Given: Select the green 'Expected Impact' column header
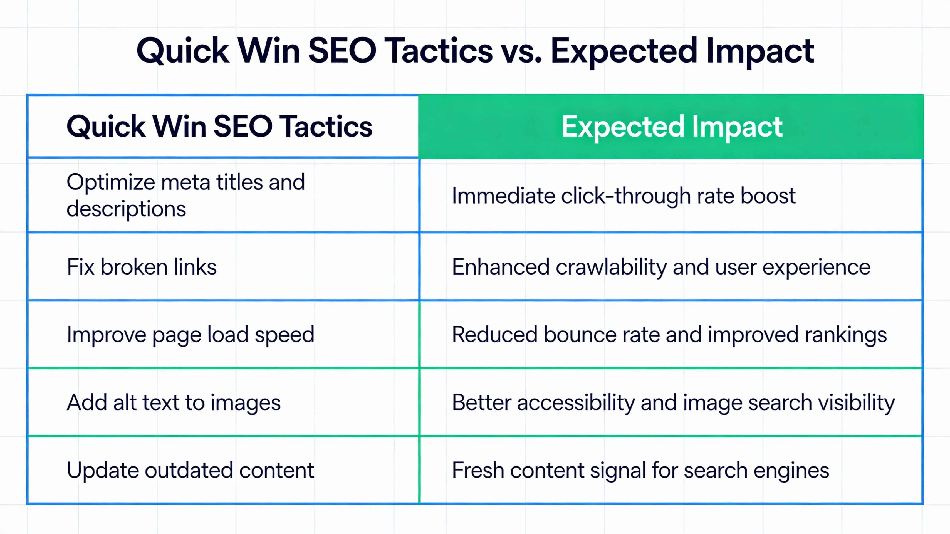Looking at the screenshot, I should pyautogui.click(x=671, y=127).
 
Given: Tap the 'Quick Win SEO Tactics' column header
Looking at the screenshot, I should pyautogui.click(x=219, y=127).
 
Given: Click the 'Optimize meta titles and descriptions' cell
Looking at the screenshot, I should pyautogui.click(x=185, y=196).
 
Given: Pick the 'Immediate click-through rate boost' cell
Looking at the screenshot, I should pyautogui.click(x=623, y=196).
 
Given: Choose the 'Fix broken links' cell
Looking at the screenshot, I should pyautogui.click(x=142, y=267).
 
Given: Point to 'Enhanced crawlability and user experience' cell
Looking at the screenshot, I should pyautogui.click(x=661, y=267).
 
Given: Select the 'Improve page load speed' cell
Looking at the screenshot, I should pyautogui.click(x=190, y=335).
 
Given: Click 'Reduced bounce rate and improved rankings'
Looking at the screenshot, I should pyautogui.click(x=669, y=335).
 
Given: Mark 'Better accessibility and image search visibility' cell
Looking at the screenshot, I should pyautogui.click(x=673, y=402).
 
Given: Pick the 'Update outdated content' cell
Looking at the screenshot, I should pyautogui.click(x=190, y=470).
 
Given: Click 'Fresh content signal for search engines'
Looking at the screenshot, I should pyautogui.click(x=640, y=470).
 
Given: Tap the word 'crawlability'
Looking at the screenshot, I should pyautogui.click(x=611, y=267).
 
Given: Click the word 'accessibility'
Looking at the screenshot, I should pyautogui.click(x=576, y=402).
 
